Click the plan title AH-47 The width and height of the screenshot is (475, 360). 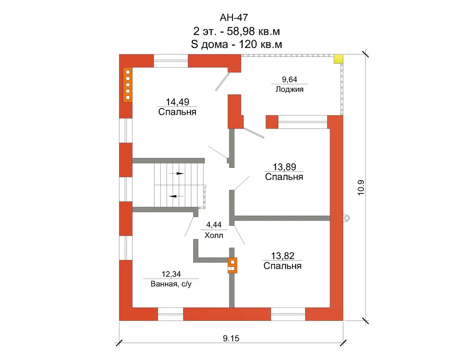click(234, 17)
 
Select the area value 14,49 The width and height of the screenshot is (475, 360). click(177, 102)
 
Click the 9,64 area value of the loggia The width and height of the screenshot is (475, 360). click(289, 80)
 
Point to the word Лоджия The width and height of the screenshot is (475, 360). click(289, 89)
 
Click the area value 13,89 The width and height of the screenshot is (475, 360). click(284, 167)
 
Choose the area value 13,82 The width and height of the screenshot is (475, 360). click(283, 256)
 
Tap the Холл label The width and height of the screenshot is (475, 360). click(214, 235)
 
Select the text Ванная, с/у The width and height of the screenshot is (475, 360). click(171, 284)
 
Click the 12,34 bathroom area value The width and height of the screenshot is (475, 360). click(171, 274)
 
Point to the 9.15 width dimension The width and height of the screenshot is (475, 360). click(231, 339)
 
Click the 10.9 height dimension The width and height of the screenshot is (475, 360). click(361, 188)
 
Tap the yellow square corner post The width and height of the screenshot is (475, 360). click(338, 59)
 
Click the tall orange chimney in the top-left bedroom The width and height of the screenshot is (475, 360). click(128, 85)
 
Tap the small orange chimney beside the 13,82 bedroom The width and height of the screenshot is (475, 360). click(232, 265)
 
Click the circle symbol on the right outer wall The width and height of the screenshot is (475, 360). click(346, 218)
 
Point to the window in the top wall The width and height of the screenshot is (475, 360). click(171, 61)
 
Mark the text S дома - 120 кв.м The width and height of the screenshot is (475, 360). click(236, 44)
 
